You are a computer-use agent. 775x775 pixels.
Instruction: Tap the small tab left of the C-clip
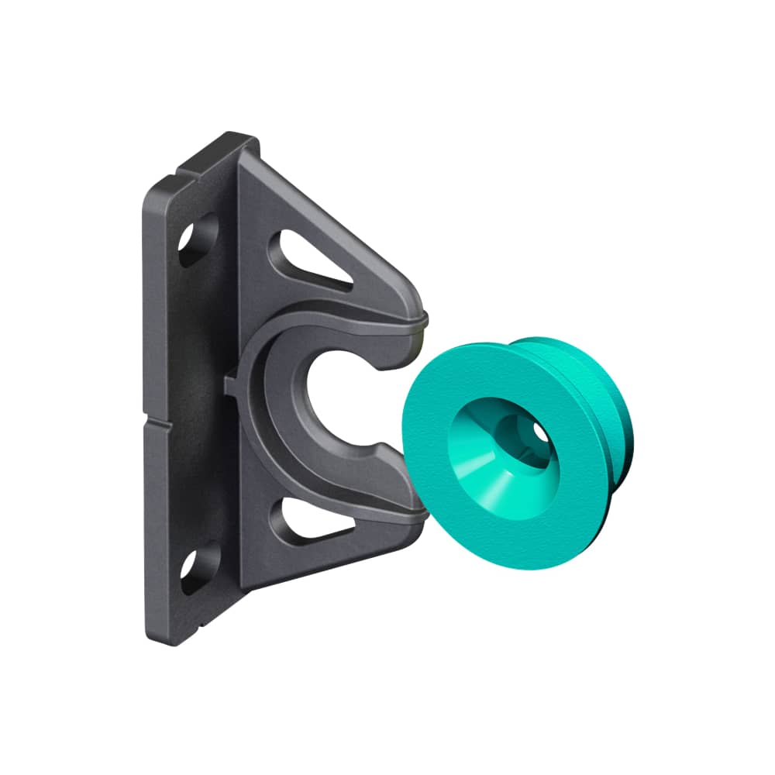(229, 382)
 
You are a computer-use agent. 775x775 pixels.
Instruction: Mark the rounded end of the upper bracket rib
(419, 319)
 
